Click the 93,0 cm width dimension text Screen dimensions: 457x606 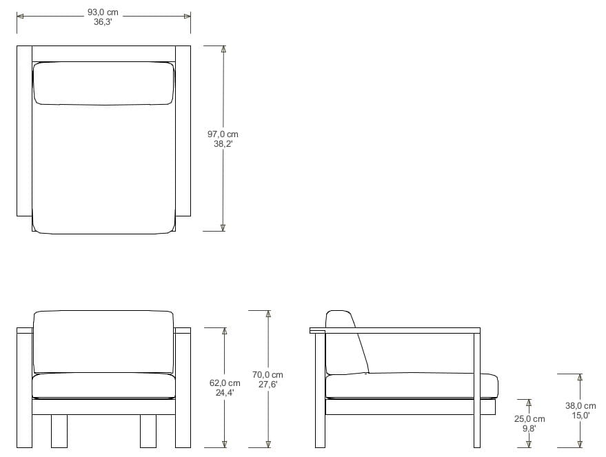103,12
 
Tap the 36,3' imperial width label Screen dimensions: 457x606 103,22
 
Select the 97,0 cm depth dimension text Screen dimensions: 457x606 223,134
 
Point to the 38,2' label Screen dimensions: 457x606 223,144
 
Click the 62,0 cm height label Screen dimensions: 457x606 225,383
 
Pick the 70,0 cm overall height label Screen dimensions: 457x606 267,375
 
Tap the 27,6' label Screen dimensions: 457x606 267,385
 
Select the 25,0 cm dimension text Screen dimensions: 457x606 529,419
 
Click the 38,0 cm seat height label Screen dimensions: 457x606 580,406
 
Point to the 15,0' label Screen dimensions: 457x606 580,416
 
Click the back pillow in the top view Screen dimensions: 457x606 103,83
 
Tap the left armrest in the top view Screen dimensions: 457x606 24,131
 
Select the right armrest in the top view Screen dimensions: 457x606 183,131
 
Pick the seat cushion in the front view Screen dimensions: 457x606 103,385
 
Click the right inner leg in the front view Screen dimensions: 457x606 148,431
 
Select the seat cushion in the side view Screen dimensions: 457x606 411,385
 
